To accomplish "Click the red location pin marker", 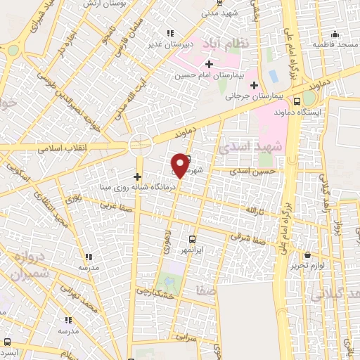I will (180, 165).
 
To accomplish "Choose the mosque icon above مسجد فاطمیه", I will (335, 34).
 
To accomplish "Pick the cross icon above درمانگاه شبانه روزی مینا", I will (137, 176).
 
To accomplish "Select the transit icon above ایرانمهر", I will (193, 239).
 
